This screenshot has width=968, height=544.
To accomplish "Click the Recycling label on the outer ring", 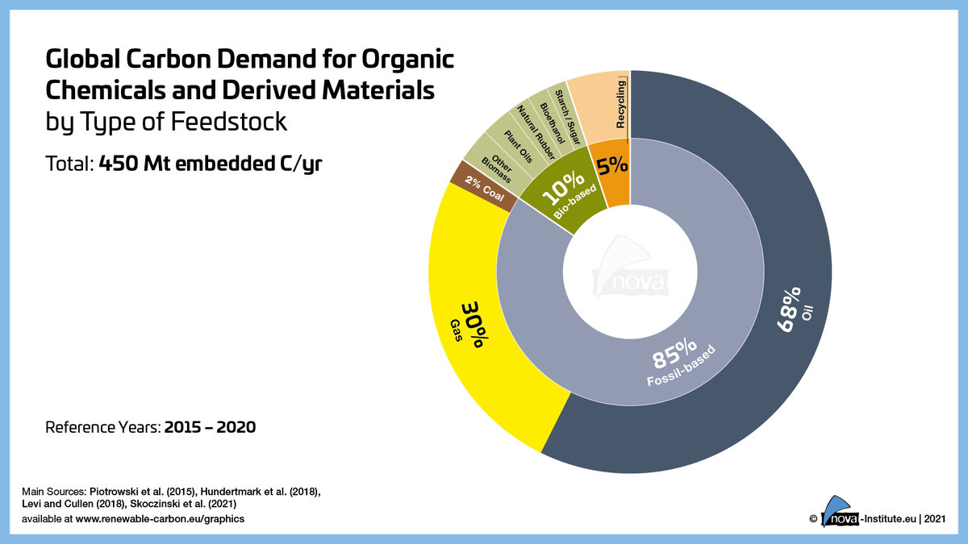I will tap(620, 104).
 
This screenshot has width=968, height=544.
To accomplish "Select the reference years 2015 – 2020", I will tap(210, 426).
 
